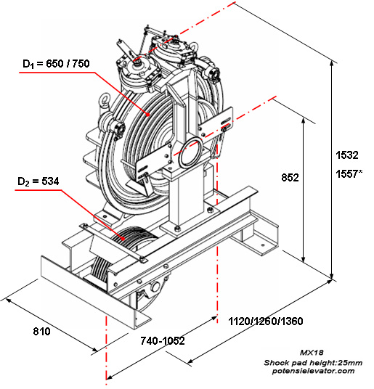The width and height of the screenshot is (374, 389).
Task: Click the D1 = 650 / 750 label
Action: (55, 64)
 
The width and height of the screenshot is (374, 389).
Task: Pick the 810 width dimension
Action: (42, 332)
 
